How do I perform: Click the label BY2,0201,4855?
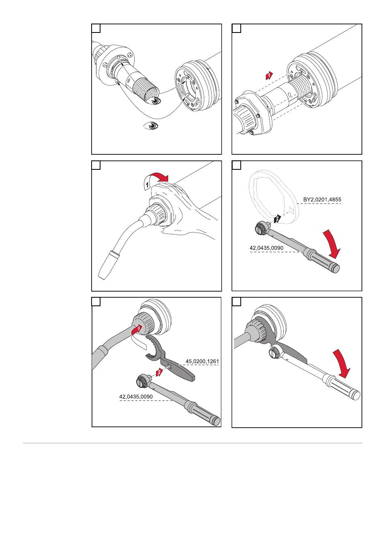(322, 200)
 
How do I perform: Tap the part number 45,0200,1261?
(202, 361)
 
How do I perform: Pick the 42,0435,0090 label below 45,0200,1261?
(136, 396)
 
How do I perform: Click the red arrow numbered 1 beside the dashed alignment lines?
(268, 76)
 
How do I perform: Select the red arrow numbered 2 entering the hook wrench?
(160, 372)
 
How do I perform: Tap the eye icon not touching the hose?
(152, 126)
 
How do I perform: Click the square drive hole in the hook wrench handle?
(172, 368)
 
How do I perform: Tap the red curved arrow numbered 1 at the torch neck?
(138, 331)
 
